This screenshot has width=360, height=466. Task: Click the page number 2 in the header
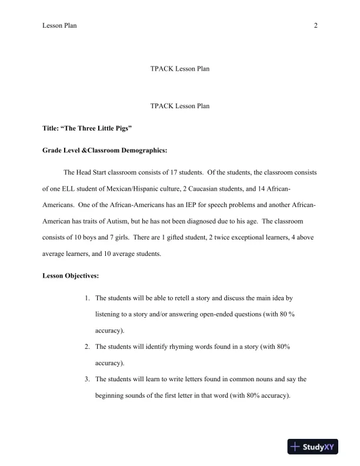point(316,25)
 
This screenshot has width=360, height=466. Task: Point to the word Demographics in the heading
point(138,150)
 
